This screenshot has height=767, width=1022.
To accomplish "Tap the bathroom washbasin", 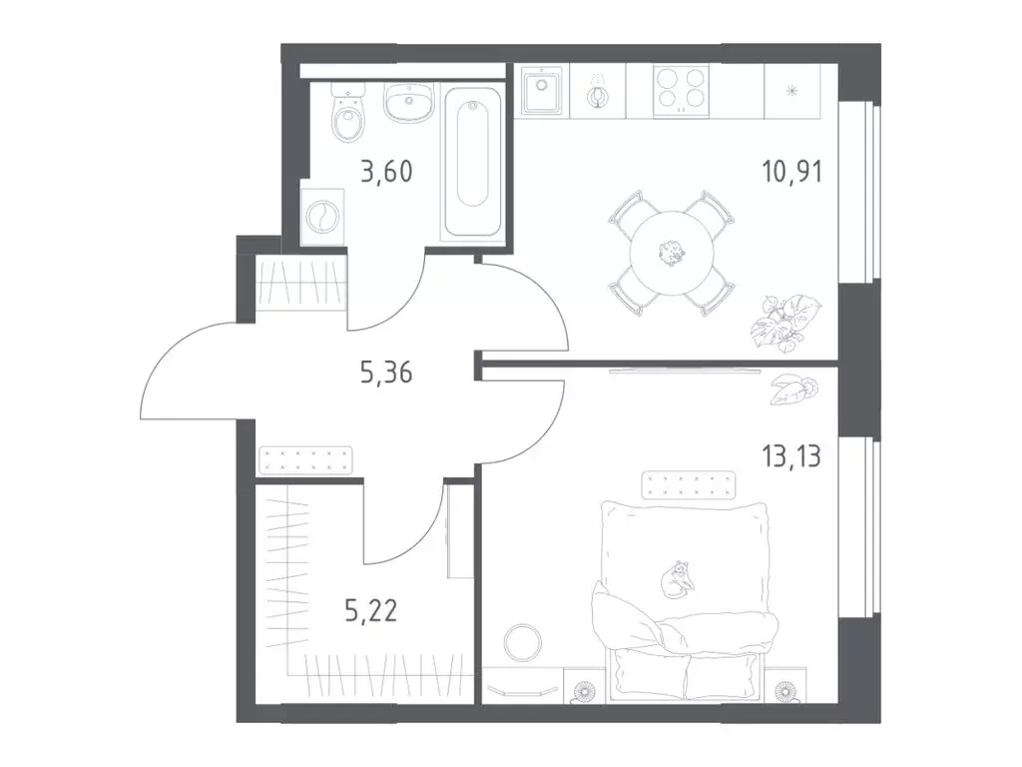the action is (x=408, y=103).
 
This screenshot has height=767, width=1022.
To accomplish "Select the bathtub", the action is (x=472, y=164).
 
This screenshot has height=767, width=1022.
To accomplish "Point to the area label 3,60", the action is (x=386, y=172).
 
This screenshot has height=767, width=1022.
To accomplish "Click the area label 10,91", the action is (x=791, y=172).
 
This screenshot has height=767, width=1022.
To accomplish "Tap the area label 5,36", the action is (x=386, y=374).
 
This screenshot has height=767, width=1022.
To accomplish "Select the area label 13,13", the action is (x=791, y=456).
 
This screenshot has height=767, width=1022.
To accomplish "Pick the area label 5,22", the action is (x=371, y=612).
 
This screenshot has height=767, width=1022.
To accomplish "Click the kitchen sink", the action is (x=542, y=90).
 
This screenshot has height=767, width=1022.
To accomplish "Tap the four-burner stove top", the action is (x=681, y=91).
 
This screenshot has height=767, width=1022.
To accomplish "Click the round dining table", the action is (x=673, y=253).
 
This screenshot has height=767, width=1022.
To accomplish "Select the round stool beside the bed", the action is (x=523, y=642).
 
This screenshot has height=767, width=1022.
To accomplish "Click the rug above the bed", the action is (x=689, y=485).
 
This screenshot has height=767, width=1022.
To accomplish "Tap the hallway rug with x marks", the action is (x=305, y=459).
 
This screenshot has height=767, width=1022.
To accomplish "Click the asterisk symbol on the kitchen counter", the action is (x=792, y=91).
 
